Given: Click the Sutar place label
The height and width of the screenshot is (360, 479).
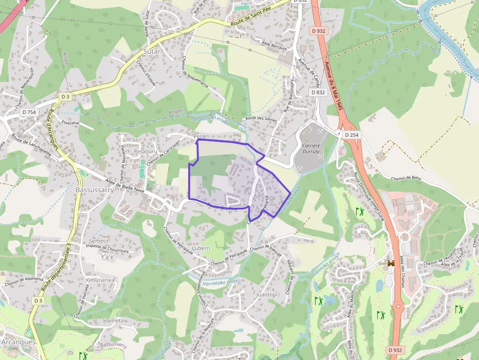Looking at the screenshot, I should click(152, 51).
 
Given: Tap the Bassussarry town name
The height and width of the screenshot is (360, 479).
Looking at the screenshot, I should click(95, 190).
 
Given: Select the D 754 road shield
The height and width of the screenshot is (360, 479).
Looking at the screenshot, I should click(29, 112).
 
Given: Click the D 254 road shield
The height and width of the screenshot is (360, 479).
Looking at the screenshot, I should click(351, 134).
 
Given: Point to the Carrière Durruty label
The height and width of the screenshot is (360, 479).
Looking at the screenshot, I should click(311, 148).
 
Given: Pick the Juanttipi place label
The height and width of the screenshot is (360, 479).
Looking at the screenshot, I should click(266, 295).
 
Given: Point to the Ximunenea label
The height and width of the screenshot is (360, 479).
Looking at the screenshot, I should click(100, 280).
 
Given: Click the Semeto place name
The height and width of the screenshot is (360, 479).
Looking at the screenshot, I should click(99, 241).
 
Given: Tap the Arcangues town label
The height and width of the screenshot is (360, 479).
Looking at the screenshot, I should click(18, 342).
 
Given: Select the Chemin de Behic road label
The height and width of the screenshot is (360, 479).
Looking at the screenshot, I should click(406, 178).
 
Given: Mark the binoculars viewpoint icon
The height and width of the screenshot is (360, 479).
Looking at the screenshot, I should click(391, 263).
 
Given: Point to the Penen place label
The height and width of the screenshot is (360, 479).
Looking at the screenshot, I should click(201, 136).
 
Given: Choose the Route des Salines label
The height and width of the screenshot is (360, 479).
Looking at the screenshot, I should click(258, 118).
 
